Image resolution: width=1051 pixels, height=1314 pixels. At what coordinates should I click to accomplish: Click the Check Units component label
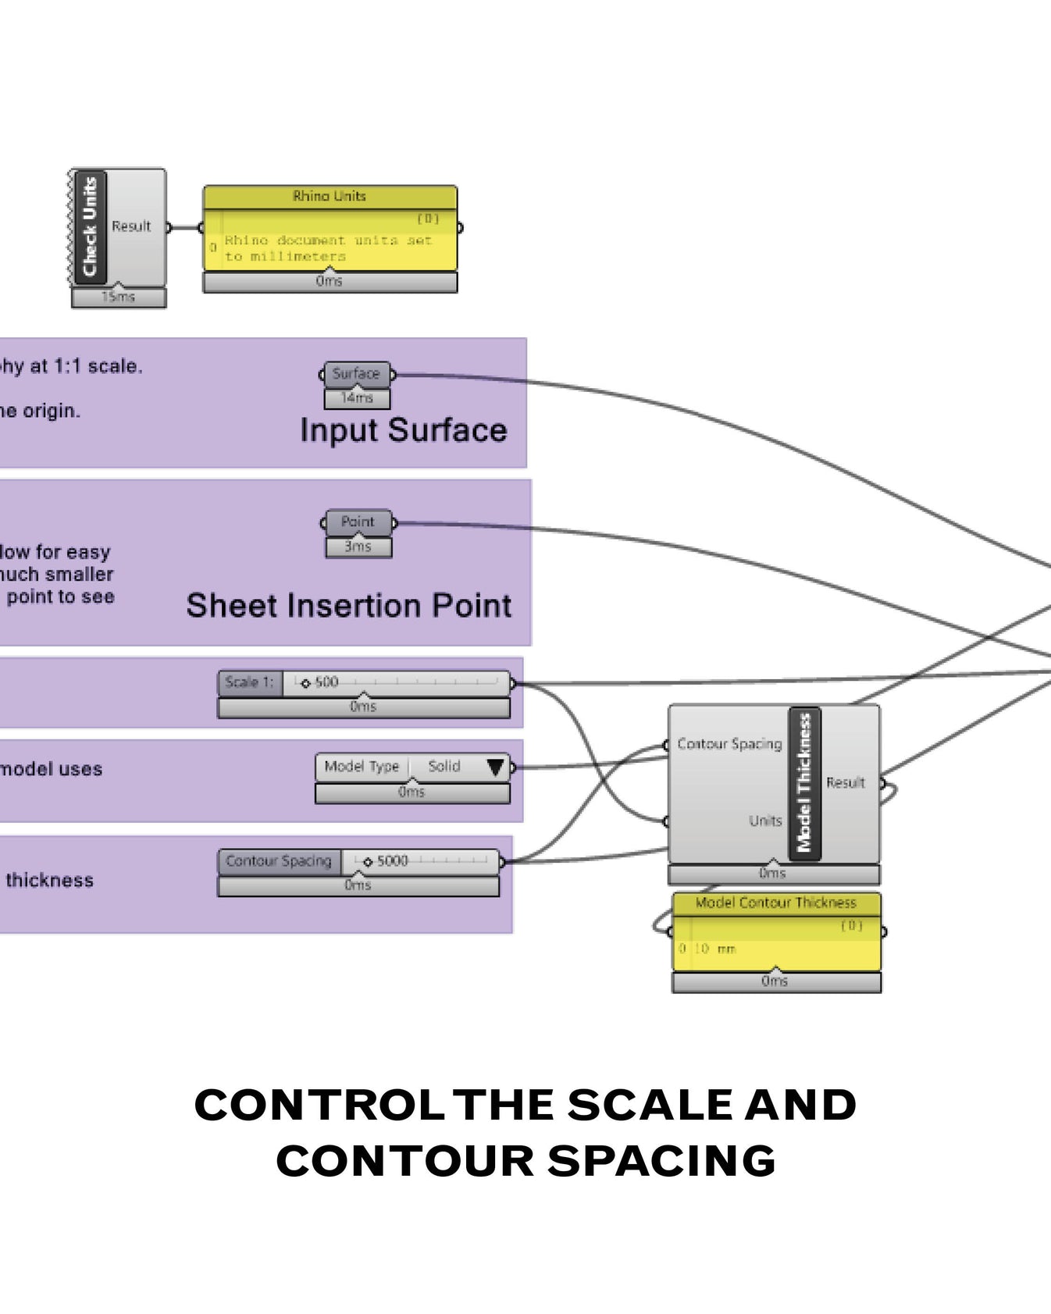coord(90,226)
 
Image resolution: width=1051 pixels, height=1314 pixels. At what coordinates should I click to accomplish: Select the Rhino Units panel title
coord(330,196)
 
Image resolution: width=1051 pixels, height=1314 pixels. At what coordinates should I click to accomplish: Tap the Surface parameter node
coord(356,374)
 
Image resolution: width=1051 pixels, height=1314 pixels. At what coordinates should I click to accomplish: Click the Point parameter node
coord(358,522)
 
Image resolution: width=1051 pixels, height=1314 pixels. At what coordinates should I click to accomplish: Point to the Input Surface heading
coord(404,430)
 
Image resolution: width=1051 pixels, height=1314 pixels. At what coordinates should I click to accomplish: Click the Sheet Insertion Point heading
coord(348,606)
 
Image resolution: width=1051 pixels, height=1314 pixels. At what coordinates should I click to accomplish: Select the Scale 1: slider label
coord(249,682)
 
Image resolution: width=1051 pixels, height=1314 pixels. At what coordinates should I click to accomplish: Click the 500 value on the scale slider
coord(326,682)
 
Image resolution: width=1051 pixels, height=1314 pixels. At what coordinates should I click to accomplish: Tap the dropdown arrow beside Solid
coord(495,767)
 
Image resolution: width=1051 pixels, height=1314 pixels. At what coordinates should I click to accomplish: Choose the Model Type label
coord(362,767)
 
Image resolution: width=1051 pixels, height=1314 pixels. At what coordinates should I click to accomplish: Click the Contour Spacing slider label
coord(279,861)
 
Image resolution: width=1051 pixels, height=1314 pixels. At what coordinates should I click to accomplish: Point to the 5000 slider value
coord(392,861)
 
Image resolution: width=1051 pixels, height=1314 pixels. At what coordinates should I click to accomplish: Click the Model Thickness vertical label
coord(804,783)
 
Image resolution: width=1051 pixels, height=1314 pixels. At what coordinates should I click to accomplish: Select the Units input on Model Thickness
coord(764,821)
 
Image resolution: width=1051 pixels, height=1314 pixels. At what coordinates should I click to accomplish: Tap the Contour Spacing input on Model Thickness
coord(729,744)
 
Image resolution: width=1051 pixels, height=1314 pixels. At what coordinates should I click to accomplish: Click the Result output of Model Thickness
coord(846,782)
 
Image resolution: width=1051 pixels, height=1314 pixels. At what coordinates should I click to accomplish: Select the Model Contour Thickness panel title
coord(775,903)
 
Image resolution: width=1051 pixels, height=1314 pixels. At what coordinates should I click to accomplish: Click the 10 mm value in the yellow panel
coord(715,949)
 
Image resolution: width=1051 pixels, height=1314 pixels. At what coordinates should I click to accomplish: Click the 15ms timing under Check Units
coord(118,297)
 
